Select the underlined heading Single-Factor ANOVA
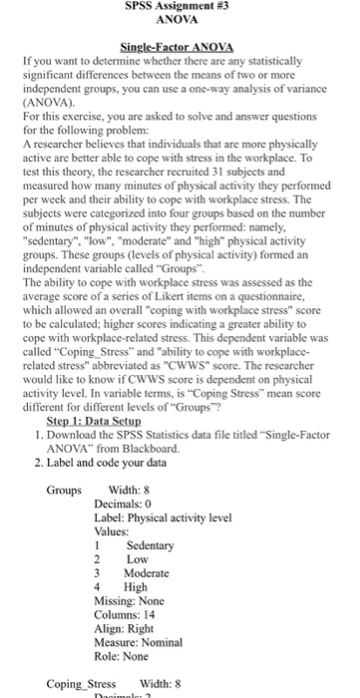180,47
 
